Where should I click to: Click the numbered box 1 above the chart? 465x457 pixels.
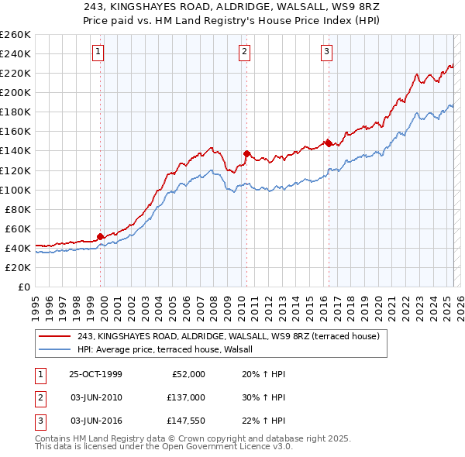pos(99,52)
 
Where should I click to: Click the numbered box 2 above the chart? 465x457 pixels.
pos(244,52)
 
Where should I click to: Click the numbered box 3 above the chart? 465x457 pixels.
pos(326,52)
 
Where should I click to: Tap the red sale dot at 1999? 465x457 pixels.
pos(101,236)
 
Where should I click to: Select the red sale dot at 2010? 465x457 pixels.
pos(246,153)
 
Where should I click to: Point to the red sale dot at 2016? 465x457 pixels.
pos(329,143)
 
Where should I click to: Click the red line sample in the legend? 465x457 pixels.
pos(54,336)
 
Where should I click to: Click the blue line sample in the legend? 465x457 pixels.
pos(54,350)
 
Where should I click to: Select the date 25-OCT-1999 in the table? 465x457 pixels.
pos(95,374)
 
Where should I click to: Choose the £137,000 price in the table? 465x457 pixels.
pos(186,397)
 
